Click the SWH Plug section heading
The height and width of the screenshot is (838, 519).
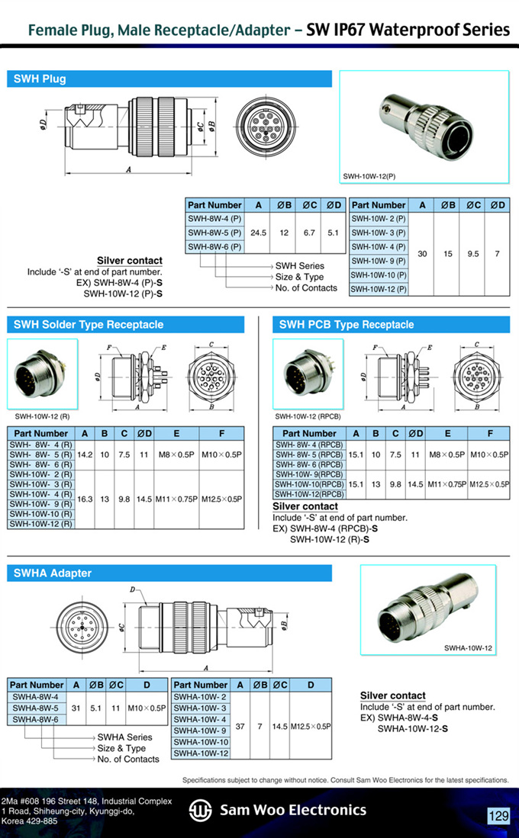tap(40, 79)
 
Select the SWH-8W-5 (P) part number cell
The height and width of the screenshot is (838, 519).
tap(214, 233)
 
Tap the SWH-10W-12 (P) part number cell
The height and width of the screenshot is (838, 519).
tap(378, 289)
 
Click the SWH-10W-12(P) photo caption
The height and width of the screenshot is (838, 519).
tap(369, 177)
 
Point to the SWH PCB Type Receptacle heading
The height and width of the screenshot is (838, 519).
tap(346, 325)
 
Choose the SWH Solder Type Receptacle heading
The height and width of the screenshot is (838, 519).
tap(89, 325)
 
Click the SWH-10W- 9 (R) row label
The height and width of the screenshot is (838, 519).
tap(41, 504)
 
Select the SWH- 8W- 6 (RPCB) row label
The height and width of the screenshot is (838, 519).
tap(309, 464)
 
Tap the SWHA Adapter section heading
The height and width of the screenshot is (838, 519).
tap(52, 573)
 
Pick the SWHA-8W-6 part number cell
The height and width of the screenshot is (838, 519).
tap(35, 718)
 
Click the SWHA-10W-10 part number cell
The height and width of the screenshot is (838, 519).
tap(201, 742)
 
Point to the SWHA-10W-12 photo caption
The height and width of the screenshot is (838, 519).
tap(468, 648)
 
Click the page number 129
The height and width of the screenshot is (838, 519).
tap(498, 816)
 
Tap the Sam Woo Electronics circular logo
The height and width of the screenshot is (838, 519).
tap(201, 811)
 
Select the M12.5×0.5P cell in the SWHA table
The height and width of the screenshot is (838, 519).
tap(311, 726)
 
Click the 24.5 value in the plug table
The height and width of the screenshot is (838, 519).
tap(258, 233)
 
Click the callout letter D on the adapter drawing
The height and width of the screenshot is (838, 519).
tap(132, 589)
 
